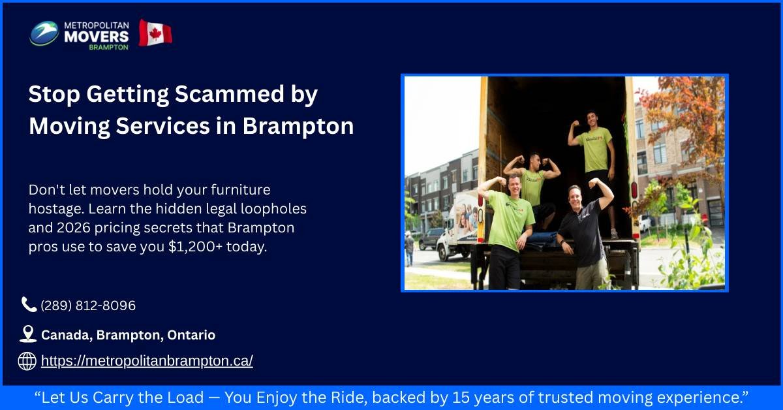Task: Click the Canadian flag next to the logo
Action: click(155, 33)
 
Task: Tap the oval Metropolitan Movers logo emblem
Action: click(44, 33)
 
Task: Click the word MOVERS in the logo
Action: click(96, 36)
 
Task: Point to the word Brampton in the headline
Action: click(298, 125)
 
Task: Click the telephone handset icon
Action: click(29, 305)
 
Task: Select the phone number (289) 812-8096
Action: click(88, 306)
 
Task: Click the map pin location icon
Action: click(28, 334)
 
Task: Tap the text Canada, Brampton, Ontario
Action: click(128, 335)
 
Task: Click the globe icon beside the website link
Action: click(27, 361)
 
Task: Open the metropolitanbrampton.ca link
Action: click(147, 361)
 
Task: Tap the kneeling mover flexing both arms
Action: click(533, 183)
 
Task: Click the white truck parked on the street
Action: click(457, 225)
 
